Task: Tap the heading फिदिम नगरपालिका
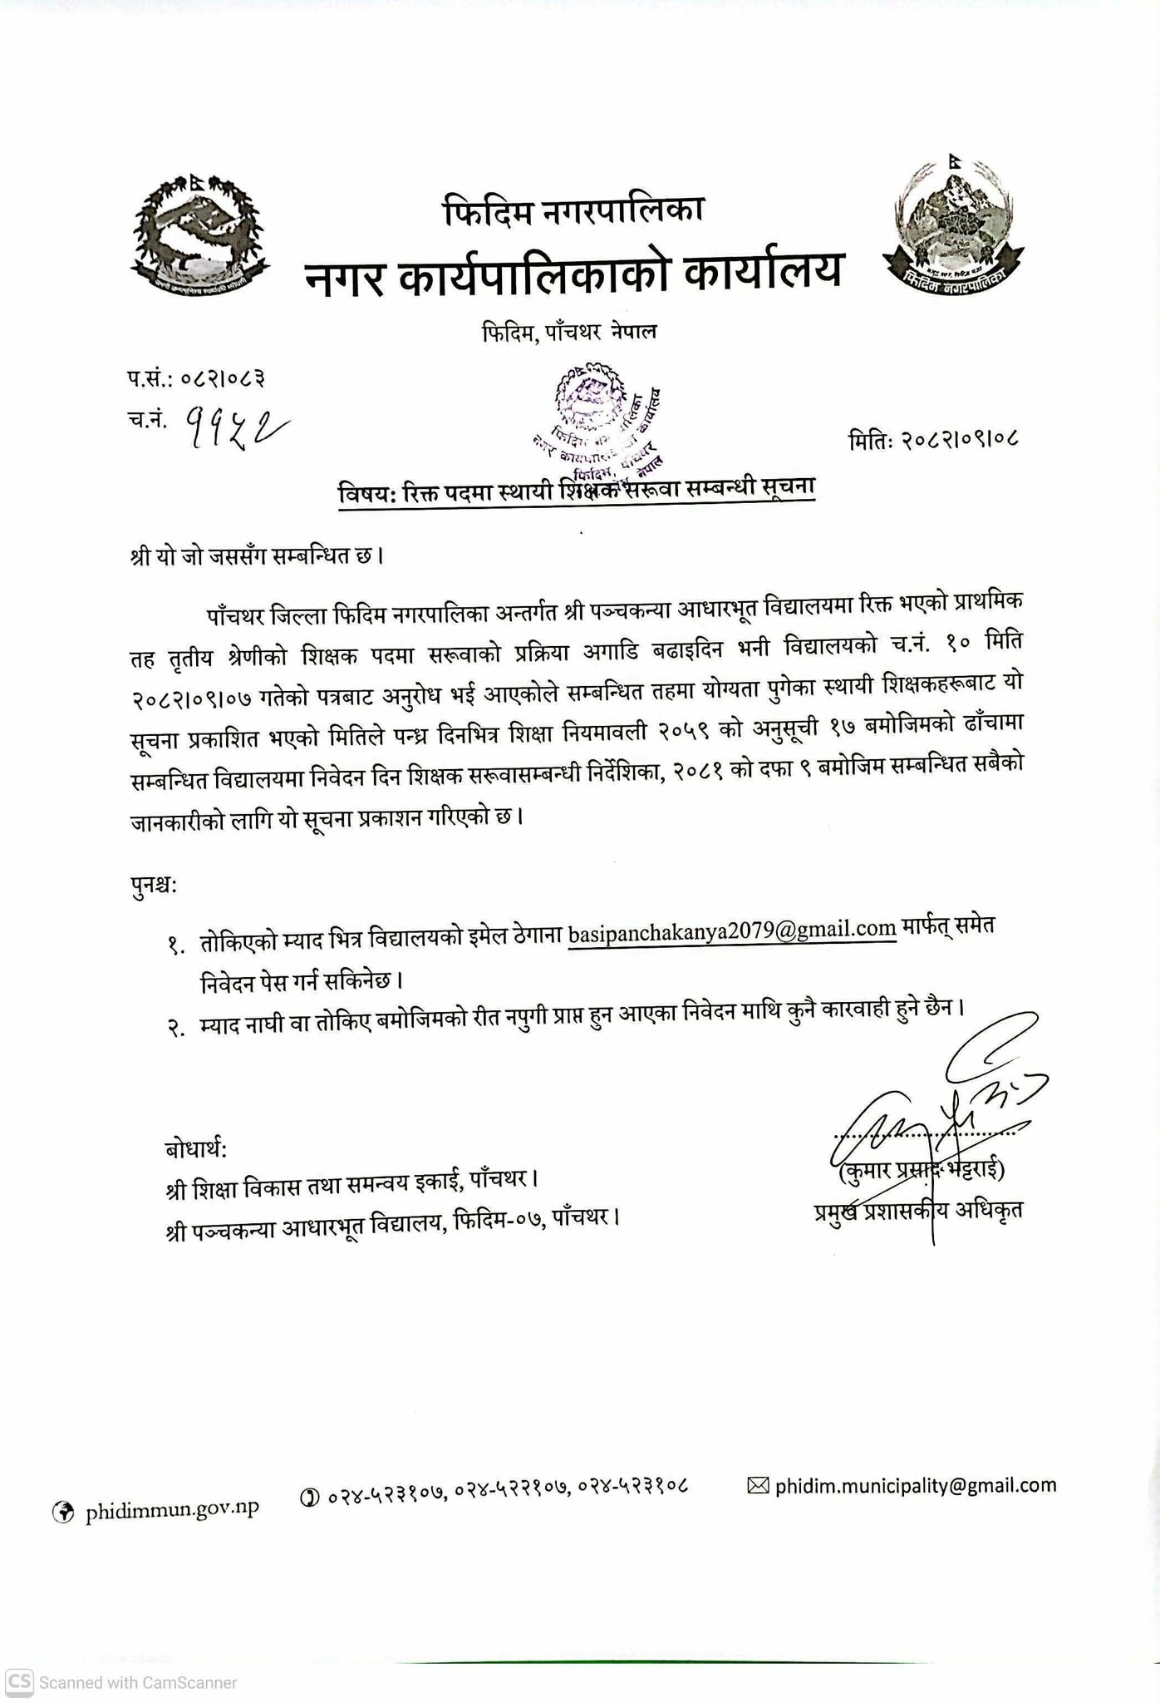(x=574, y=210)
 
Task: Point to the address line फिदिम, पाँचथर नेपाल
(x=569, y=332)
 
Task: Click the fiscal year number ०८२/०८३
(x=224, y=379)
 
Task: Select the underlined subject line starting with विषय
(x=576, y=490)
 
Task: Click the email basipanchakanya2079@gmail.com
(x=732, y=929)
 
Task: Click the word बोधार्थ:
(x=196, y=1149)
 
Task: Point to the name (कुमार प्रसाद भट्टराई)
(x=922, y=1170)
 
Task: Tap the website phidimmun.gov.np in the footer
(x=172, y=1509)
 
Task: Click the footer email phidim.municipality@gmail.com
(x=915, y=1485)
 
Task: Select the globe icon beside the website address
(x=63, y=1511)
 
